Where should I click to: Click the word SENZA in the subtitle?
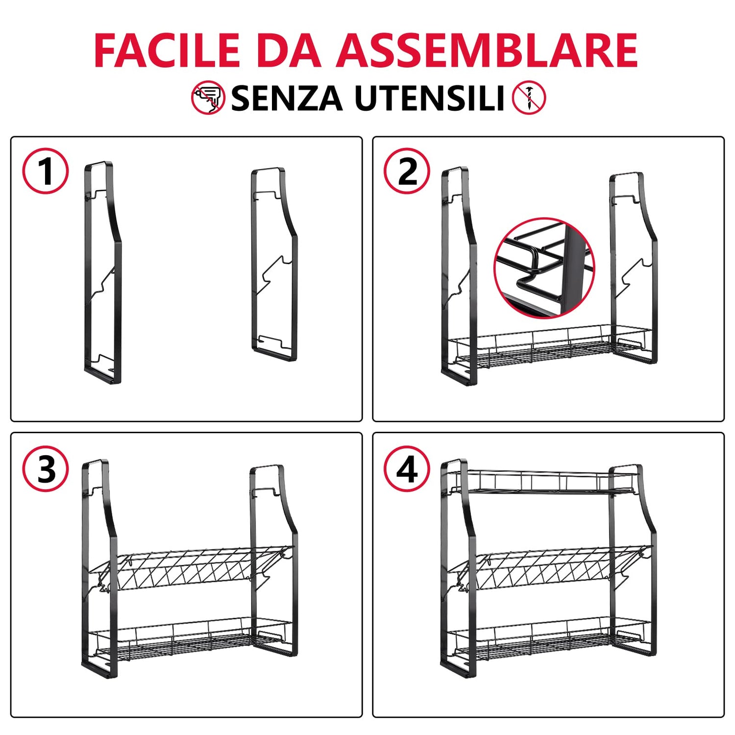tap(287, 98)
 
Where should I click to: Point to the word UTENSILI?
tap(429, 98)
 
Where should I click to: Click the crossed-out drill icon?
tap(208, 98)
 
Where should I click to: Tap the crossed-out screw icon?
tap(529, 98)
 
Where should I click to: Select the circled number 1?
tap(46, 171)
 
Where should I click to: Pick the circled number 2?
tap(407, 171)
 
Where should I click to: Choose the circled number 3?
tap(46, 469)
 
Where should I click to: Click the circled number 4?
tap(407, 469)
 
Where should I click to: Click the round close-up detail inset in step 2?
tap(544, 268)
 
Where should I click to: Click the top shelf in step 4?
tap(544, 482)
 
